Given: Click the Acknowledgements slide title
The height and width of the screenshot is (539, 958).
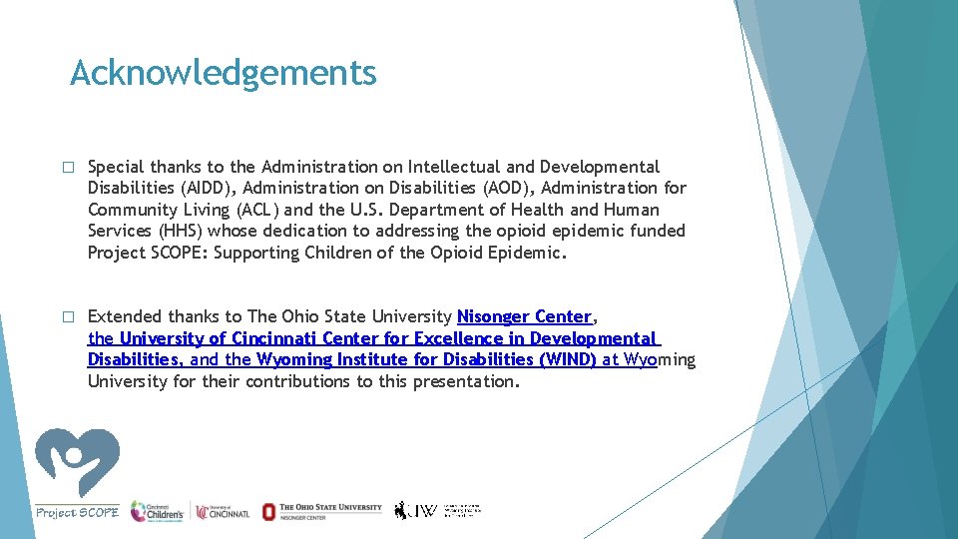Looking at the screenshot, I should tap(223, 73).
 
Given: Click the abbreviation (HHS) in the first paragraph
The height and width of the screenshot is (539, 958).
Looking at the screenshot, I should tap(175, 231).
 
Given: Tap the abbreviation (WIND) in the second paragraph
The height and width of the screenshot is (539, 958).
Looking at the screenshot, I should tap(567, 359).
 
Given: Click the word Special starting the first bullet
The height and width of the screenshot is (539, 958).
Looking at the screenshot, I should tap(116, 167).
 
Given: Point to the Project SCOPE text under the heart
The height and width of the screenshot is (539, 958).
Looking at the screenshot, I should tap(77, 512).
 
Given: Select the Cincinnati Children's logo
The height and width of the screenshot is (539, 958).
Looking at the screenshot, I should tap(157, 510).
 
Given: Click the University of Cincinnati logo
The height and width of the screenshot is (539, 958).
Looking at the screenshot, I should tap(224, 511).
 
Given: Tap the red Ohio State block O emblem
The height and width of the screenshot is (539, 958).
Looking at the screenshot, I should tap(268, 511).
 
